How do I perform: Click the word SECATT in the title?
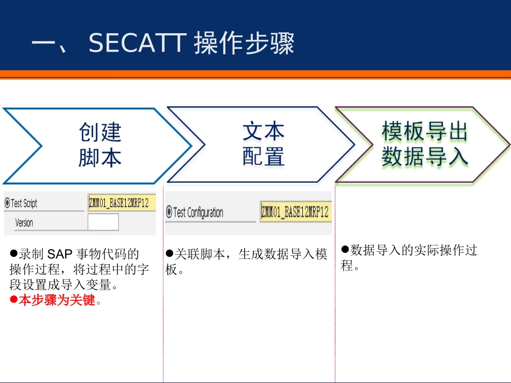tap(137, 44)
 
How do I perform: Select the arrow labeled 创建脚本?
tap(100, 145)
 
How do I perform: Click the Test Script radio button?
tap(7, 203)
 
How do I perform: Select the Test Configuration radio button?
tap(169, 212)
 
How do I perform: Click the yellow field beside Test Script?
tap(122, 203)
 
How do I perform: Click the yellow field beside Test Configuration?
tap(295, 212)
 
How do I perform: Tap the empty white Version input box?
tap(103, 222)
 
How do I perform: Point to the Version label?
tap(24, 222)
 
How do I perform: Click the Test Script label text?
tap(24, 203)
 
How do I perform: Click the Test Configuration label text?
tap(198, 212)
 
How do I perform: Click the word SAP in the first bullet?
tap(60, 254)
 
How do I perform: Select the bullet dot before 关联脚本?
tap(170, 253)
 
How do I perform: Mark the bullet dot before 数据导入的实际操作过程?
tap(346, 249)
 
